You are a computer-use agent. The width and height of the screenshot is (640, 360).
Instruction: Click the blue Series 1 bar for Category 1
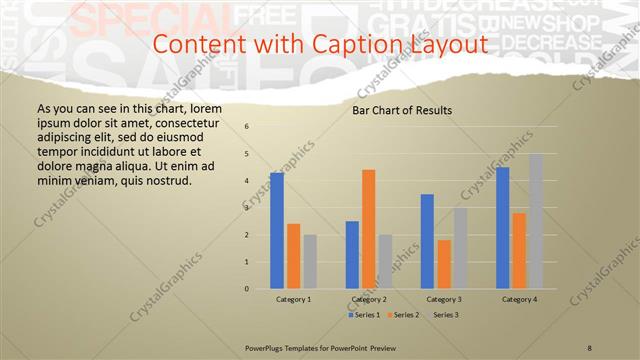click(x=277, y=231)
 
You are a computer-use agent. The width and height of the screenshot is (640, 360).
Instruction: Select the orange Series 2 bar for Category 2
click(x=369, y=229)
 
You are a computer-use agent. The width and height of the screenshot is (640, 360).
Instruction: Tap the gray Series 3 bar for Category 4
click(x=536, y=221)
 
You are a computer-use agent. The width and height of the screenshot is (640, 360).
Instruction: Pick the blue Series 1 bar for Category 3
click(x=427, y=241)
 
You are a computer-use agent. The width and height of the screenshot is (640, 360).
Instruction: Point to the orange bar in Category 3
click(x=444, y=264)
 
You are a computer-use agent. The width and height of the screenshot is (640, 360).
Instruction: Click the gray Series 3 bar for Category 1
click(x=310, y=262)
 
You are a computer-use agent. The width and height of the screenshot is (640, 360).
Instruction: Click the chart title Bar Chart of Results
click(x=402, y=110)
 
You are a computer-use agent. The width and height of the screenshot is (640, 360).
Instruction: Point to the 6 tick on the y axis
click(x=247, y=127)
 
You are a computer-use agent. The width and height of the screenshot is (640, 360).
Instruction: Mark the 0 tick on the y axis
click(x=247, y=289)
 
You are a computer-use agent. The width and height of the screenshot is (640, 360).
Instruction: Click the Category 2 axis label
click(x=369, y=299)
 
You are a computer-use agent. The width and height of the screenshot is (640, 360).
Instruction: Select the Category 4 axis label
click(x=519, y=299)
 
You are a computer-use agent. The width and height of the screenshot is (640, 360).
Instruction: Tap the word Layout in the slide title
click(x=446, y=45)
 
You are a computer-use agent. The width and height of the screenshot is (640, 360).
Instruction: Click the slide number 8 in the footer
click(x=590, y=347)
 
